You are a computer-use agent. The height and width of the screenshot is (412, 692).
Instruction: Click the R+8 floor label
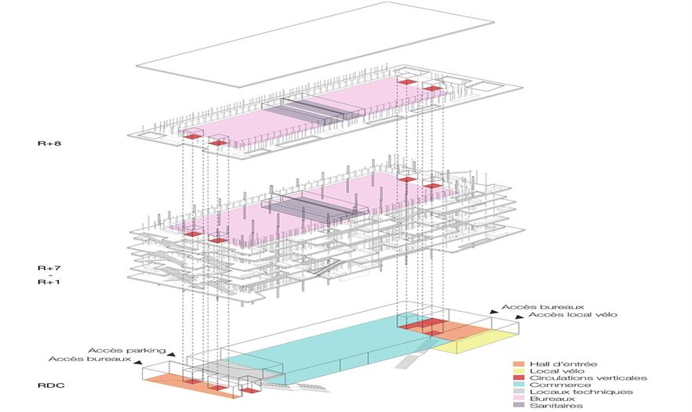click(x=48, y=144)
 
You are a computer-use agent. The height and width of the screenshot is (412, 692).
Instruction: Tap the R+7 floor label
click(x=48, y=268)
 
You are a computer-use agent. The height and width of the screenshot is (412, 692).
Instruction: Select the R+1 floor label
click(x=48, y=282)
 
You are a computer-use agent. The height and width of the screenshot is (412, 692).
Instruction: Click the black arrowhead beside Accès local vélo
click(x=519, y=317)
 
